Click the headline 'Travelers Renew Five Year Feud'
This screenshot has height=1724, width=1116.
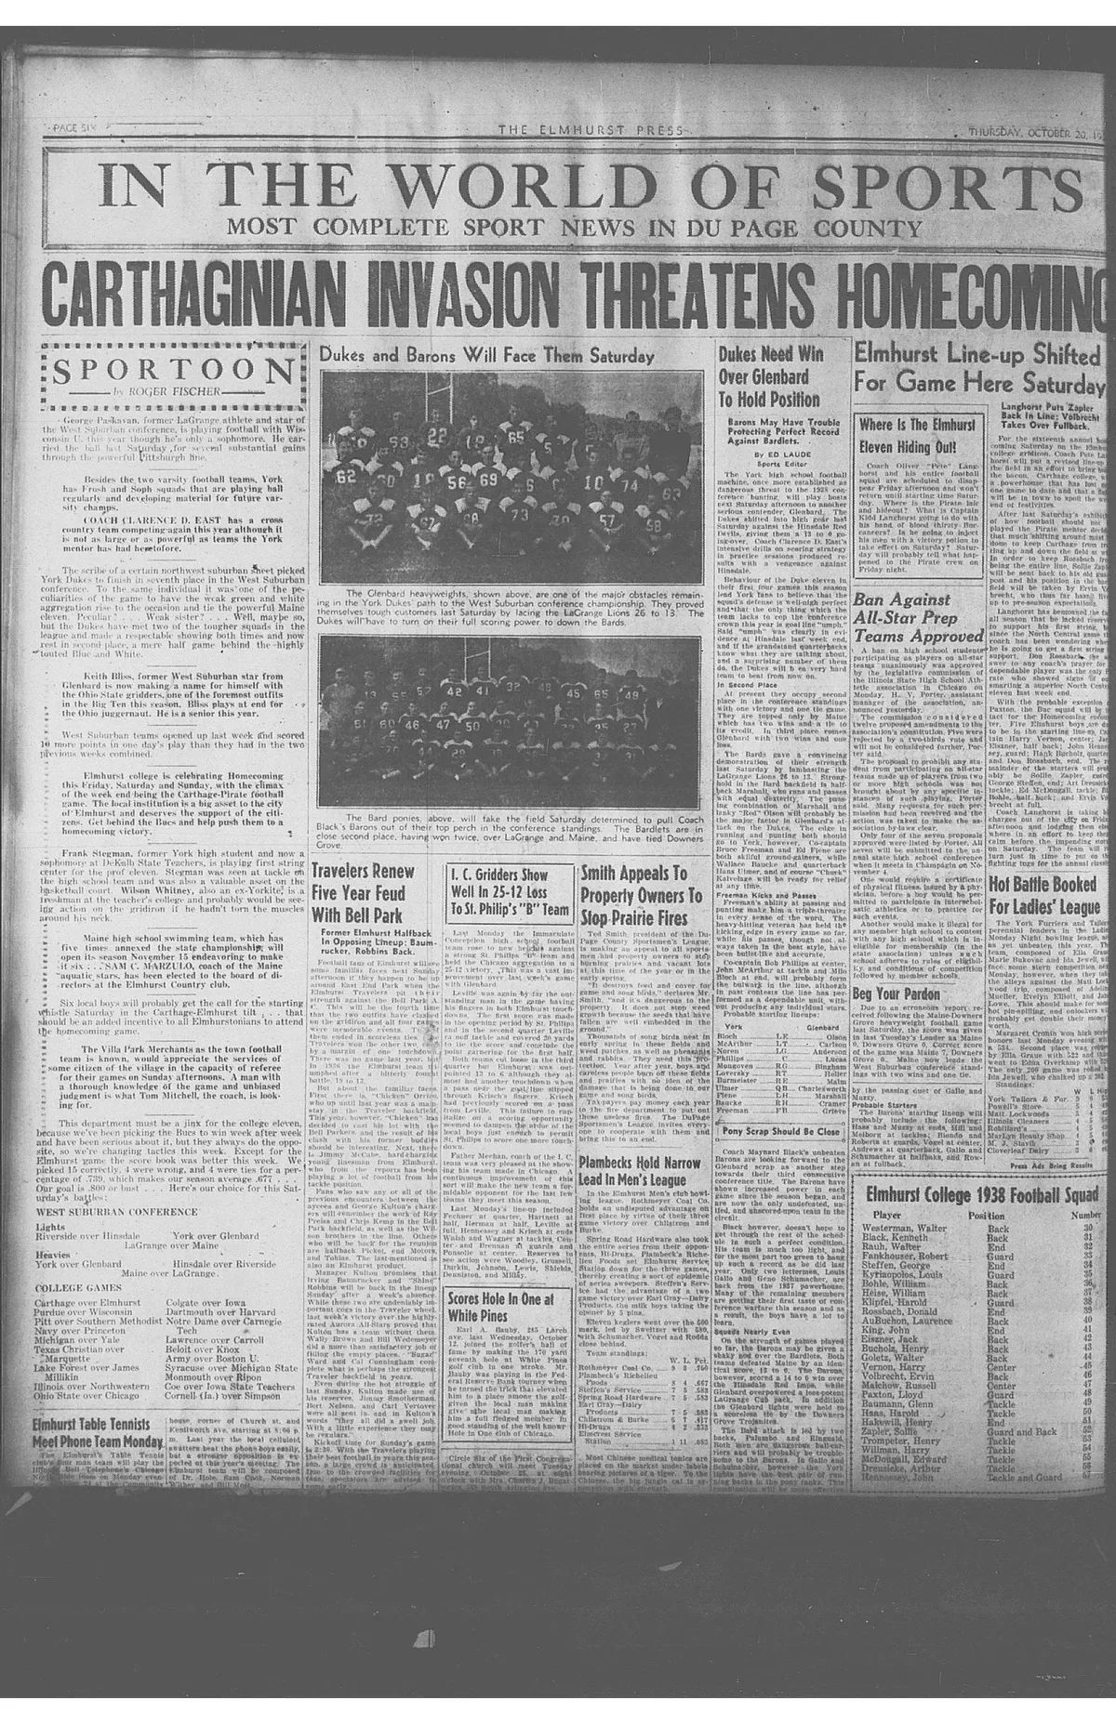coord(363,893)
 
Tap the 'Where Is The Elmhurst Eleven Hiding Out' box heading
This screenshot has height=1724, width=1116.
coord(917,436)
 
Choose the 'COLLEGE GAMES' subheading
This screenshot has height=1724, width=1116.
coord(78,1288)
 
